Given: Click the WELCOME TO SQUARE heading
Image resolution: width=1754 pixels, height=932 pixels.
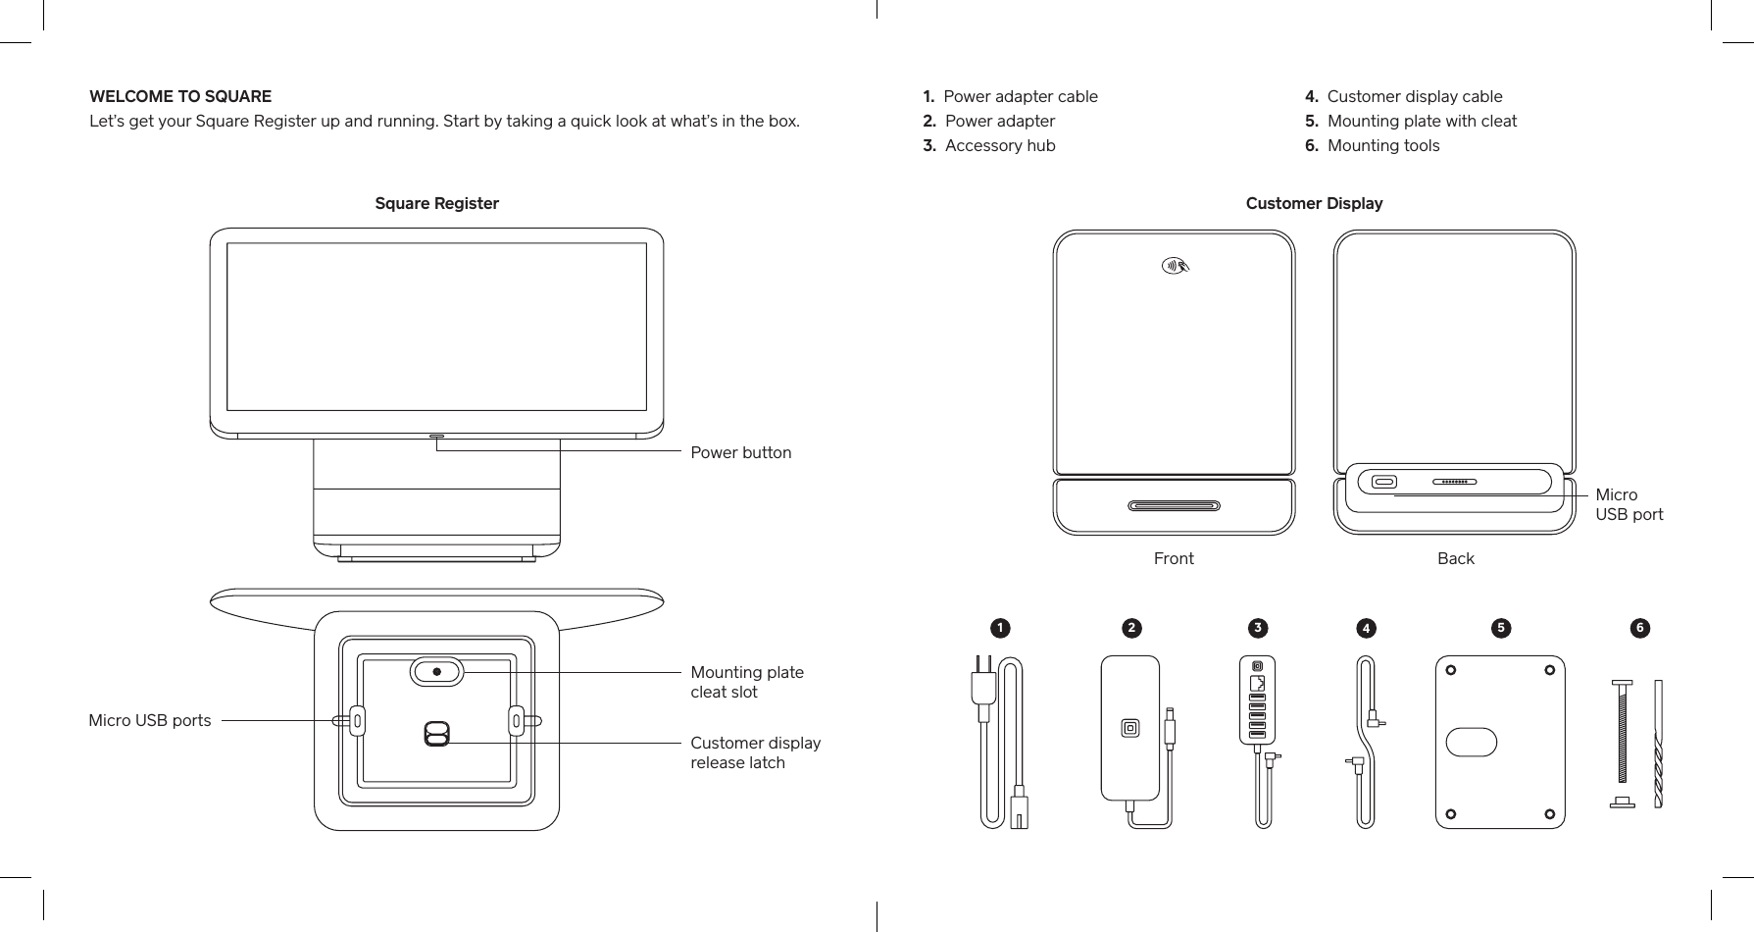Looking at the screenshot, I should coord(180,96).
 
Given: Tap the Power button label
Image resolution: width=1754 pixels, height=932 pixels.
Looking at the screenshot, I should coord(740,452).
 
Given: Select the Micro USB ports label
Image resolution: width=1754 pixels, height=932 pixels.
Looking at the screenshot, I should coord(150,720).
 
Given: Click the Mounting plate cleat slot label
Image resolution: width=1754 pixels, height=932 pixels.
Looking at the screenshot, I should coord(746,682).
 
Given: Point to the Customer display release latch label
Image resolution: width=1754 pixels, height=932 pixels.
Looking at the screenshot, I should coord(755,752).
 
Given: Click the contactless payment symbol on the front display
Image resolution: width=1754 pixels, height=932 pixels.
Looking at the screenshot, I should coord(1174,265).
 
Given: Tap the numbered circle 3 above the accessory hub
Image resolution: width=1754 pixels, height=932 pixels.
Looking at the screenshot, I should coord(1256,627).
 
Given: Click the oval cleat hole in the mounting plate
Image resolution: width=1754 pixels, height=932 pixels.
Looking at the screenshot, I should coord(1472,742).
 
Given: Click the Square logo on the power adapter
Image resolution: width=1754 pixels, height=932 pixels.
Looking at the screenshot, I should coord(1130,728).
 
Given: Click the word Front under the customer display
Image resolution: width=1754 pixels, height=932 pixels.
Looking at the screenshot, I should coord(1174,558).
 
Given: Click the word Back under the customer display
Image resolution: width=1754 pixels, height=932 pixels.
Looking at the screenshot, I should coord(1455,558).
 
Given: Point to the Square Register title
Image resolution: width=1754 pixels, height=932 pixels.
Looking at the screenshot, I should coord(436,203).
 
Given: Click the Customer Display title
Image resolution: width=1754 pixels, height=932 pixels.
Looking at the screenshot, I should coord(1314,203).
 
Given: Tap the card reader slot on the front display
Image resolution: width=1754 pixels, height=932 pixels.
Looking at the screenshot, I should coord(1174,506).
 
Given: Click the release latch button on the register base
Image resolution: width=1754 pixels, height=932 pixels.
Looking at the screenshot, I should coord(436,734).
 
